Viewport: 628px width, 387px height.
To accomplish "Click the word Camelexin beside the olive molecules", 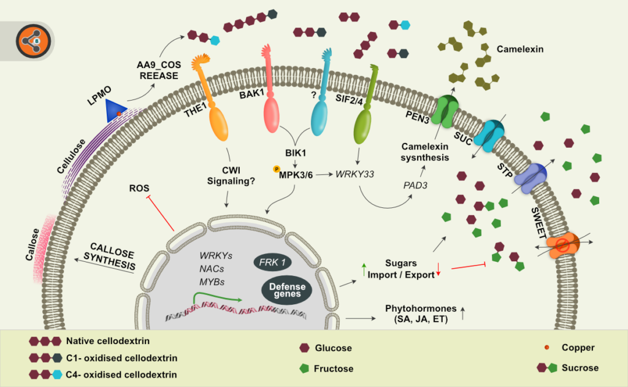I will coord(521,48).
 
